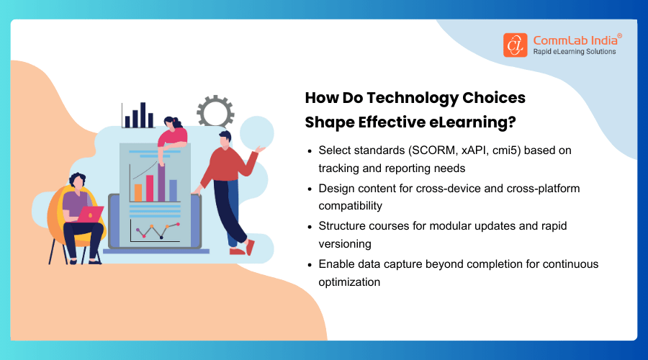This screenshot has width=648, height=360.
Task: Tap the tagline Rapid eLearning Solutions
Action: tap(574, 52)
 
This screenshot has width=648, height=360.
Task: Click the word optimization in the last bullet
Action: tap(349, 282)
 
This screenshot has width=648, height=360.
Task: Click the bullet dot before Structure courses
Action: tap(310, 226)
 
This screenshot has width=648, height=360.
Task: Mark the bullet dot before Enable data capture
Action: tap(310, 264)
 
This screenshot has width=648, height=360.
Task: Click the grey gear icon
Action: tap(215, 112)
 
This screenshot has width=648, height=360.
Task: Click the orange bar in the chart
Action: tap(138, 192)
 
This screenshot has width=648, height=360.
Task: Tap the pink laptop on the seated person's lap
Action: tap(91, 215)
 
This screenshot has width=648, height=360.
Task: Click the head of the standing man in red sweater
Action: tap(224, 138)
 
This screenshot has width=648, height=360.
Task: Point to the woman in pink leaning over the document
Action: tap(173, 133)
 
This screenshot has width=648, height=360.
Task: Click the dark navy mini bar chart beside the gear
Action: tap(139, 116)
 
